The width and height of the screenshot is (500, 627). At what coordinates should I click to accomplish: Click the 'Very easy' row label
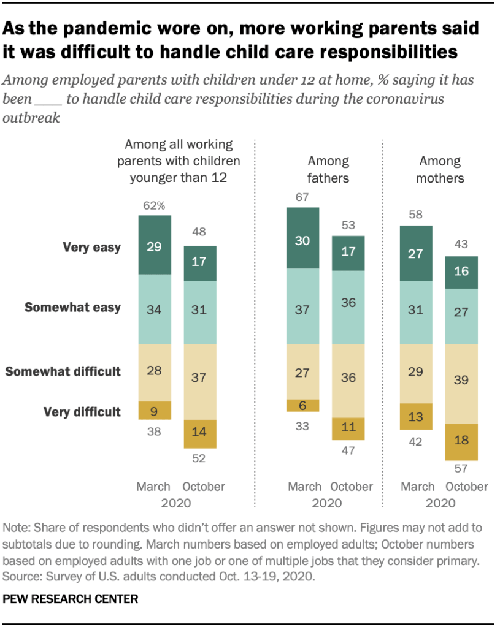pyautogui.click(x=91, y=248)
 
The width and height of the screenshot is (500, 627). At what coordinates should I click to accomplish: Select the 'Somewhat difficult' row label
pyautogui.click(x=71, y=371)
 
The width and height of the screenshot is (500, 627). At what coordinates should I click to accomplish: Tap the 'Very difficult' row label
pyautogui.click(x=82, y=411)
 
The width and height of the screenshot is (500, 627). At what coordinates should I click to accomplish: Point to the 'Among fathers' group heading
pyautogui.click(x=328, y=170)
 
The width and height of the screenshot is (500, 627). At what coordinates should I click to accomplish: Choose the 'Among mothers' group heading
pyautogui.click(x=440, y=170)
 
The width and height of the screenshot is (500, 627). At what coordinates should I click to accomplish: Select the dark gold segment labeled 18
pyautogui.click(x=462, y=442)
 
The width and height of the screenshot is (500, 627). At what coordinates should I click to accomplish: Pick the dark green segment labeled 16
pyautogui.click(x=462, y=272)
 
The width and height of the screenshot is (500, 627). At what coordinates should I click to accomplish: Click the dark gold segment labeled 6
pyautogui.click(x=303, y=405)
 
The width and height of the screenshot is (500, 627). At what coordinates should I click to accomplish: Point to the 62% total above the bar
pyautogui.click(x=154, y=206)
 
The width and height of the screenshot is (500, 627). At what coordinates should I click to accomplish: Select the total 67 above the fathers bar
pyautogui.click(x=303, y=197)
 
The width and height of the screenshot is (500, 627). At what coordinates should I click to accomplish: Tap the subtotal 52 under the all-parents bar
pyautogui.click(x=199, y=458)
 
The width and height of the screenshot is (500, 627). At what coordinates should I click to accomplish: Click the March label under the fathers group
pyautogui.click(x=305, y=487)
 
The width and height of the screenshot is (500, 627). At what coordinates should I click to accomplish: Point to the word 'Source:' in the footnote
pyautogui.click(x=21, y=577)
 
